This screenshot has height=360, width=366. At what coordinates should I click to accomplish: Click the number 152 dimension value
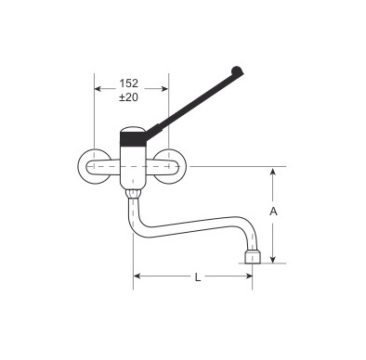(x=129, y=84)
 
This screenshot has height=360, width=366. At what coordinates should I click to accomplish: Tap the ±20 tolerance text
(x=128, y=97)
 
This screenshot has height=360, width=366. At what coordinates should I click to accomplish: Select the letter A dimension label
(x=273, y=212)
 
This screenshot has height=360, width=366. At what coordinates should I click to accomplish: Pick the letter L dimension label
(x=198, y=277)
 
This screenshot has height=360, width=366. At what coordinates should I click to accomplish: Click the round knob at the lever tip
(x=237, y=71)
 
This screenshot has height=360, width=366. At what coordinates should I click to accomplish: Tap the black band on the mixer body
(x=133, y=139)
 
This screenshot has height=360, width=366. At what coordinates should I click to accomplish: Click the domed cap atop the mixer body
(x=133, y=129)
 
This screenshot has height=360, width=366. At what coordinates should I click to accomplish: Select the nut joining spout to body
(x=133, y=194)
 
